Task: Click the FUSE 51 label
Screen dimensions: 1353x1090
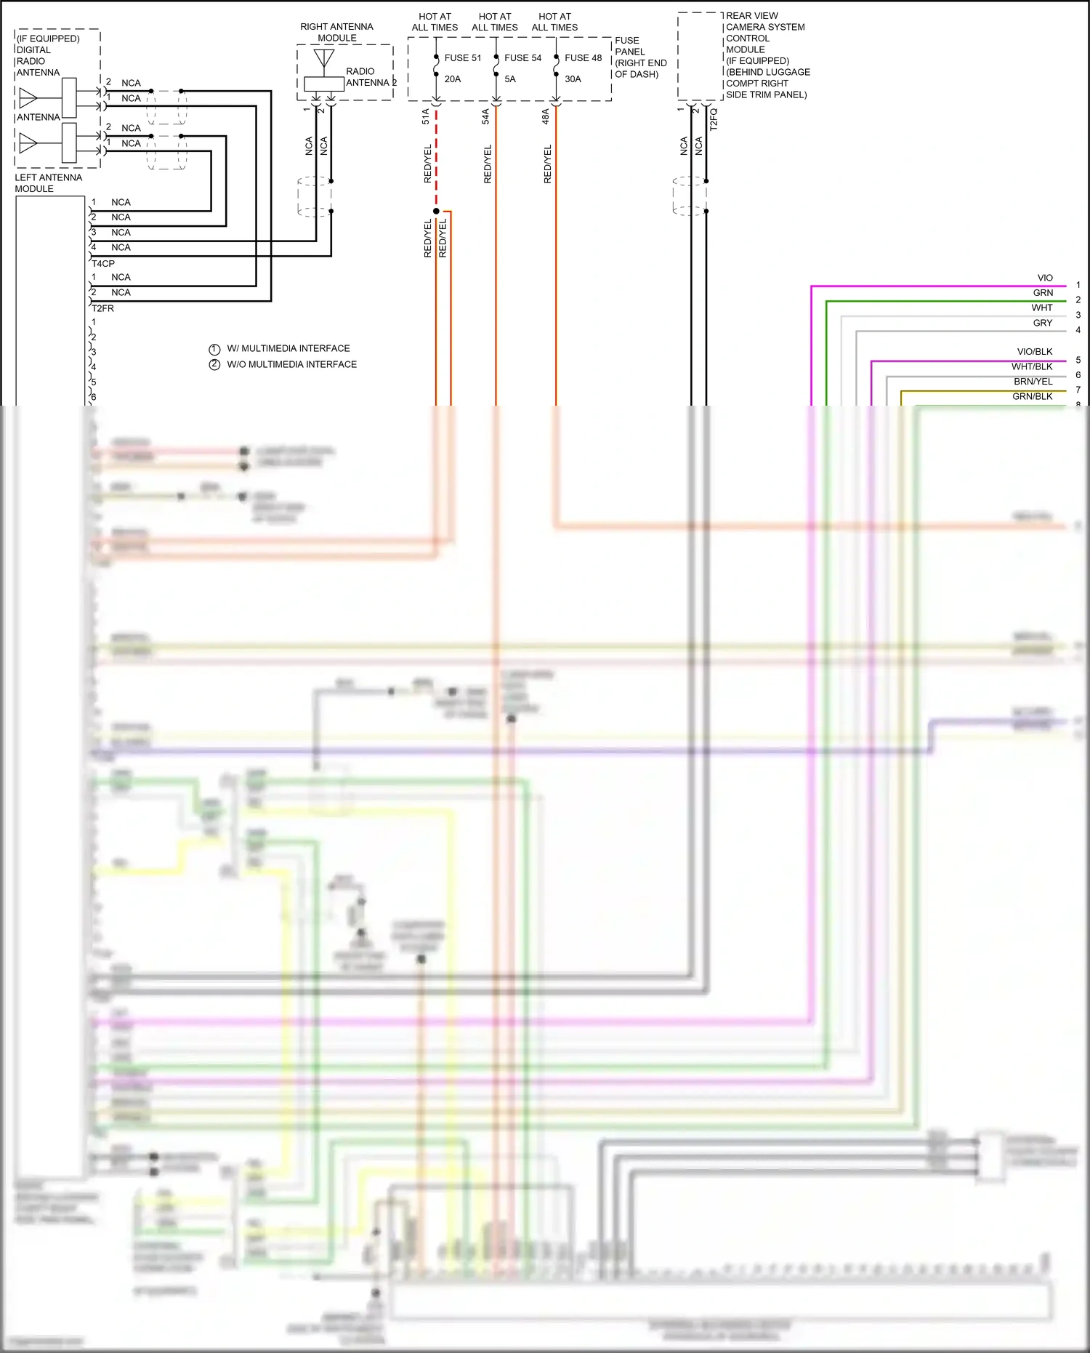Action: (462, 58)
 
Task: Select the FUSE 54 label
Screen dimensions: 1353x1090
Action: (522, 58)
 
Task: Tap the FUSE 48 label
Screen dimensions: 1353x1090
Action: (583, 58)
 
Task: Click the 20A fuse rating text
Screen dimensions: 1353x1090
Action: (452, 79)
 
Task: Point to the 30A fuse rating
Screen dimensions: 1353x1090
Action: (573, 79)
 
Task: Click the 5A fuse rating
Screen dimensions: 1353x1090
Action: (510, 79)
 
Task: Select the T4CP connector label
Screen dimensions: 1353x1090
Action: (103, 264)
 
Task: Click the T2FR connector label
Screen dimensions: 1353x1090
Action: (102, 308)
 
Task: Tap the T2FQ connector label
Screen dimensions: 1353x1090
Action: (714, 119)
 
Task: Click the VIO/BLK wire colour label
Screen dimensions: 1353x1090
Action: (1034, 352)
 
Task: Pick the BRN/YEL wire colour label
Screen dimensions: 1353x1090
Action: (1033, 382)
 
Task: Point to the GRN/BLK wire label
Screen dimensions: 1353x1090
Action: (1032, 397)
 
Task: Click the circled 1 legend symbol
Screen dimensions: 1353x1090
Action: (214, 349)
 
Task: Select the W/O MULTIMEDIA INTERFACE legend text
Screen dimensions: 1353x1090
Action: (291, 365)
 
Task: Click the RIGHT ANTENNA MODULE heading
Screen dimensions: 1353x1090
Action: (336, 32)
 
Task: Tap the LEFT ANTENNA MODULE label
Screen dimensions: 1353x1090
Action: (48, 183)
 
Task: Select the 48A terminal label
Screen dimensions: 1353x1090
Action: (546, 116)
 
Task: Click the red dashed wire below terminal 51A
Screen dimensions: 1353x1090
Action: (436, 160)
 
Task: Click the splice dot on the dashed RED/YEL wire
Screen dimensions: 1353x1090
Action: (436, 212)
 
